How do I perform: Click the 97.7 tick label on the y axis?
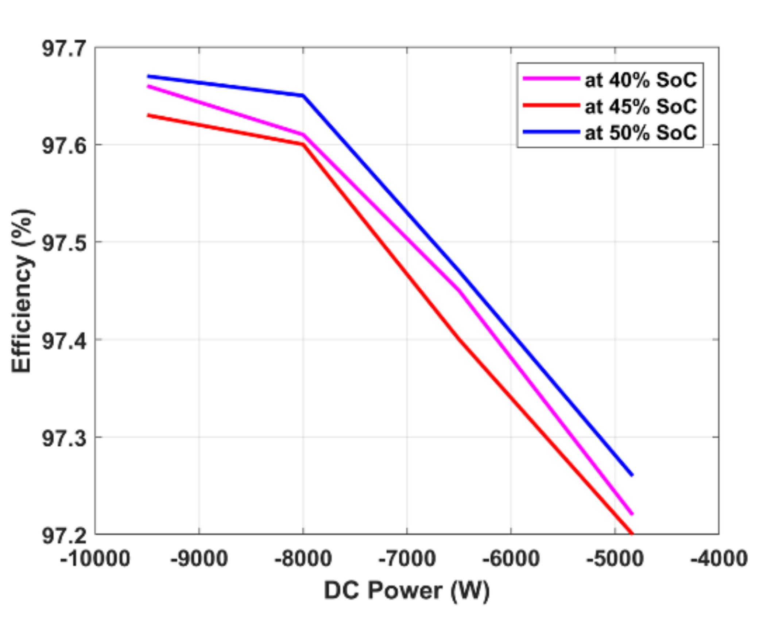point(64,48)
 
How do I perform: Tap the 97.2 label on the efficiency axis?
point(64,536)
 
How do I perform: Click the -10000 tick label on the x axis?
point(95,558)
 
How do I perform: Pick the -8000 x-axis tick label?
point(303,558)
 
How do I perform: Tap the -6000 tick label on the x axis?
point(511,558)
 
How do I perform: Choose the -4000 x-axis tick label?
point(719,558)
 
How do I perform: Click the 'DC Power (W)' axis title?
point(406,591)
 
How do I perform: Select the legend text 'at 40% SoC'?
point(640,80)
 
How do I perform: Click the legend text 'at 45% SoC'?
point(640,106)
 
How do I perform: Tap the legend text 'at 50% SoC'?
point(640,132)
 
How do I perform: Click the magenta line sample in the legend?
point(551,78)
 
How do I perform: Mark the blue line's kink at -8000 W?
point(303,96)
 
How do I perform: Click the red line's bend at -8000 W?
point(303,145)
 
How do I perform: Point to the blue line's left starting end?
point(148,76)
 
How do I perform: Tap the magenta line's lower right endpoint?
point(632,514)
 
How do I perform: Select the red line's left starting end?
point(148,115)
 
